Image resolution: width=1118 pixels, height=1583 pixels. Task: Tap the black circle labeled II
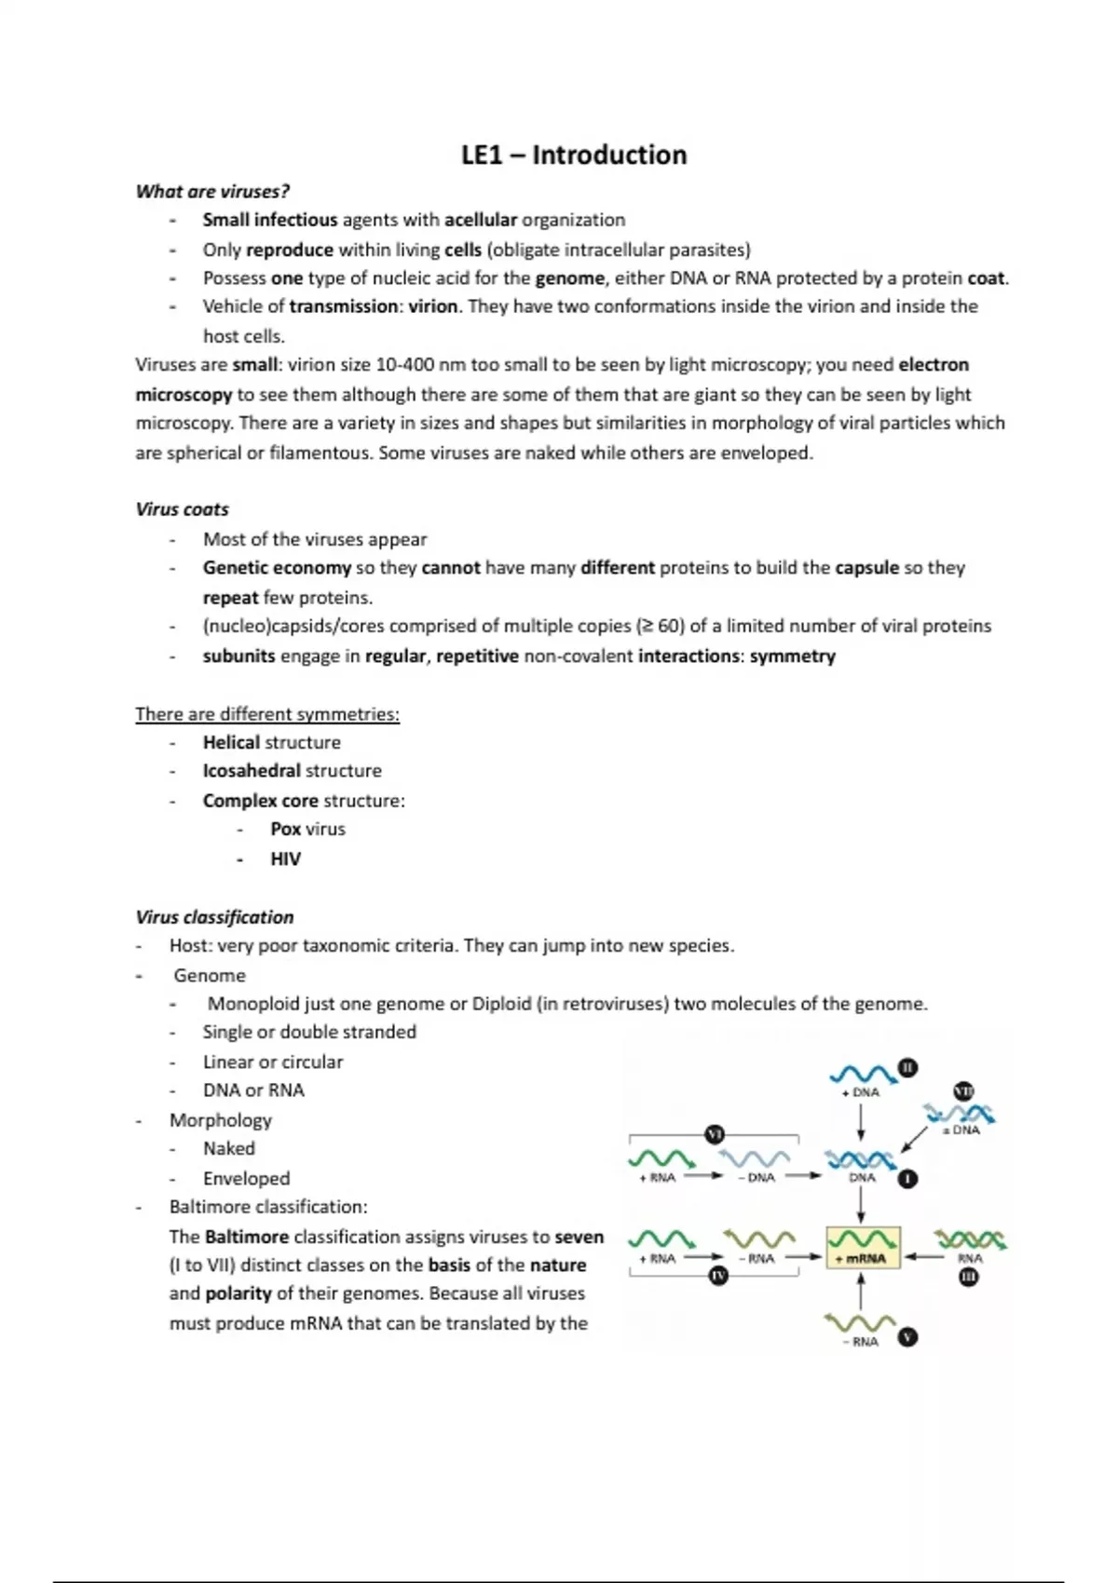point(907,1067)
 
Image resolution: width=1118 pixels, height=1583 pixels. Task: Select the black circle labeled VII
point(963,1091)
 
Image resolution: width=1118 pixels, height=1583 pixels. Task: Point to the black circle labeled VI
point(715,1134)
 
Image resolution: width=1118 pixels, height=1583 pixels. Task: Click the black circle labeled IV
point(717,1276)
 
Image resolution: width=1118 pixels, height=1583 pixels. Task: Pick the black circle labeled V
point(907,1337)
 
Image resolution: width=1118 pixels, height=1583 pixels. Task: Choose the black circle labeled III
point(969,1277)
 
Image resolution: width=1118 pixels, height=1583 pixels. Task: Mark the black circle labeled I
point(907,1179)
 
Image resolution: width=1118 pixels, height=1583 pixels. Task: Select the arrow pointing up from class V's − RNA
point(861,1292)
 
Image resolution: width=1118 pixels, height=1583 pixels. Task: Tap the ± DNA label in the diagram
point(961,1130)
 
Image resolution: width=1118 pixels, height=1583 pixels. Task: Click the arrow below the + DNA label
point(861,1122)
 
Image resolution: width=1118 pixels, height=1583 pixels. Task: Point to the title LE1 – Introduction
point(574,155)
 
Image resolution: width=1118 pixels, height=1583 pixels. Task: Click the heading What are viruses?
point(212,192)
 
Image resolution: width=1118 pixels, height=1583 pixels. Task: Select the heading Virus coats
point(182,509)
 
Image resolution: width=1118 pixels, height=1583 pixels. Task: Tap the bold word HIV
point(285,859)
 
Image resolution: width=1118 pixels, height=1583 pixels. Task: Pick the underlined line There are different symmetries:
point(267,714)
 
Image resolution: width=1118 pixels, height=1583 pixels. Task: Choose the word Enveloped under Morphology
point(246,1178)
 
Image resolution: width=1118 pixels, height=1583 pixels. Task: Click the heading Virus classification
point(214,917)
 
